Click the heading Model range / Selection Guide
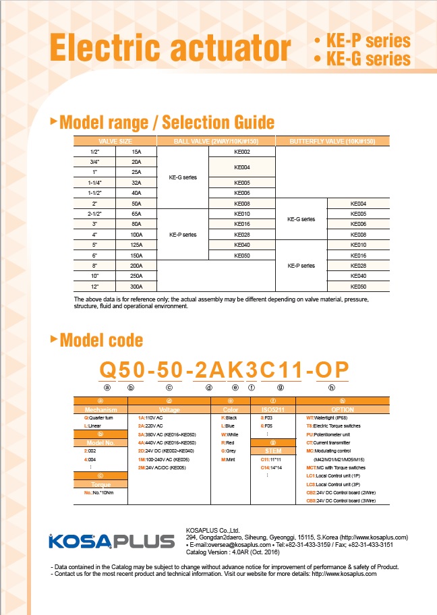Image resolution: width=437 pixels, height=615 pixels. point(167,123)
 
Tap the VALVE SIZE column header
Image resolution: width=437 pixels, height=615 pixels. point(115,141)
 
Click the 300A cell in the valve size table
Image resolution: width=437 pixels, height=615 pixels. point(136,287)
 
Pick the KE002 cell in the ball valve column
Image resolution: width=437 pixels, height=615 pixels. point(242,152)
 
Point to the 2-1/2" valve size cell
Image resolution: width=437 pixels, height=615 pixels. point(94,214)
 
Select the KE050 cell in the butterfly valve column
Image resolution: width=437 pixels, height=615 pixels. point(358,287)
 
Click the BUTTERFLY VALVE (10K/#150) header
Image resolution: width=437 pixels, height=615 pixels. point(332,141)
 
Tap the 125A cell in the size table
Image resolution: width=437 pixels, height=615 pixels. point(136,245)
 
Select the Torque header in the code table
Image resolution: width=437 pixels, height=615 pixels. point(101,484)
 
